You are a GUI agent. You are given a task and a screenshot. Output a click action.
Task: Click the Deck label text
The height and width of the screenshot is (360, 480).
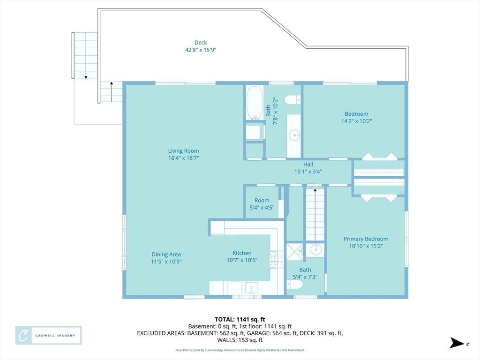coord(201,43)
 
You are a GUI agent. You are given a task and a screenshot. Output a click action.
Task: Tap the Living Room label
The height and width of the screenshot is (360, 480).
coord(183,150)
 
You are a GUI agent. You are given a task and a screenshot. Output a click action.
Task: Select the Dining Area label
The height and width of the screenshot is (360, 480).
coord(166,254)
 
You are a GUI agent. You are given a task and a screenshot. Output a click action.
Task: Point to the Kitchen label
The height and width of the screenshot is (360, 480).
coord(242,253)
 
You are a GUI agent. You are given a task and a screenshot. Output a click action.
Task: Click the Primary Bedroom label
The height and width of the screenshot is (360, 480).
coord(366,239)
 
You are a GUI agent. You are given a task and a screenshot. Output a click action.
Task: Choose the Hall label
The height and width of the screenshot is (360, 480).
coord(308,165)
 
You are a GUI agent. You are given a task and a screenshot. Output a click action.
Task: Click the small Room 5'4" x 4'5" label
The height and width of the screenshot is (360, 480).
coord(262,204)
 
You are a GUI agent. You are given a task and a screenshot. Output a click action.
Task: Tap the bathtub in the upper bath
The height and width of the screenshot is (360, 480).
coord(255,103)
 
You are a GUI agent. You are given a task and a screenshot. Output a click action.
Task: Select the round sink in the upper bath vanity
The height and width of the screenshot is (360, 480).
coord(295,135)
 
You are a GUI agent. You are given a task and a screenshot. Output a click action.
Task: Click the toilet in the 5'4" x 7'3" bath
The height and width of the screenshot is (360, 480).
coord(294,285)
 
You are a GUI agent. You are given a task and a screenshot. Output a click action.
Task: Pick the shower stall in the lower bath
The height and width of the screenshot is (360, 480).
coord(295,252)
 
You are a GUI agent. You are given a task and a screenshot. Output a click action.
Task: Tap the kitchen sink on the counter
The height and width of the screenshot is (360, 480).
coord(251,288)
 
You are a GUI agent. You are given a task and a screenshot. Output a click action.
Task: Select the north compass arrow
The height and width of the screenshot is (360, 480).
coord(457,343)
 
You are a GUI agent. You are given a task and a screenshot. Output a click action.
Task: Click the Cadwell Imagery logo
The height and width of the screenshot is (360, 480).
coord(48,336)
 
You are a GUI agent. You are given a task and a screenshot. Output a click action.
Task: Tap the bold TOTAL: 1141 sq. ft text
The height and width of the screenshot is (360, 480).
coord(240,320)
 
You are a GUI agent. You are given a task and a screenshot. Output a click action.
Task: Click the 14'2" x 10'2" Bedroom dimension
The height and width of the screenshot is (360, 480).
coord(357,121)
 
